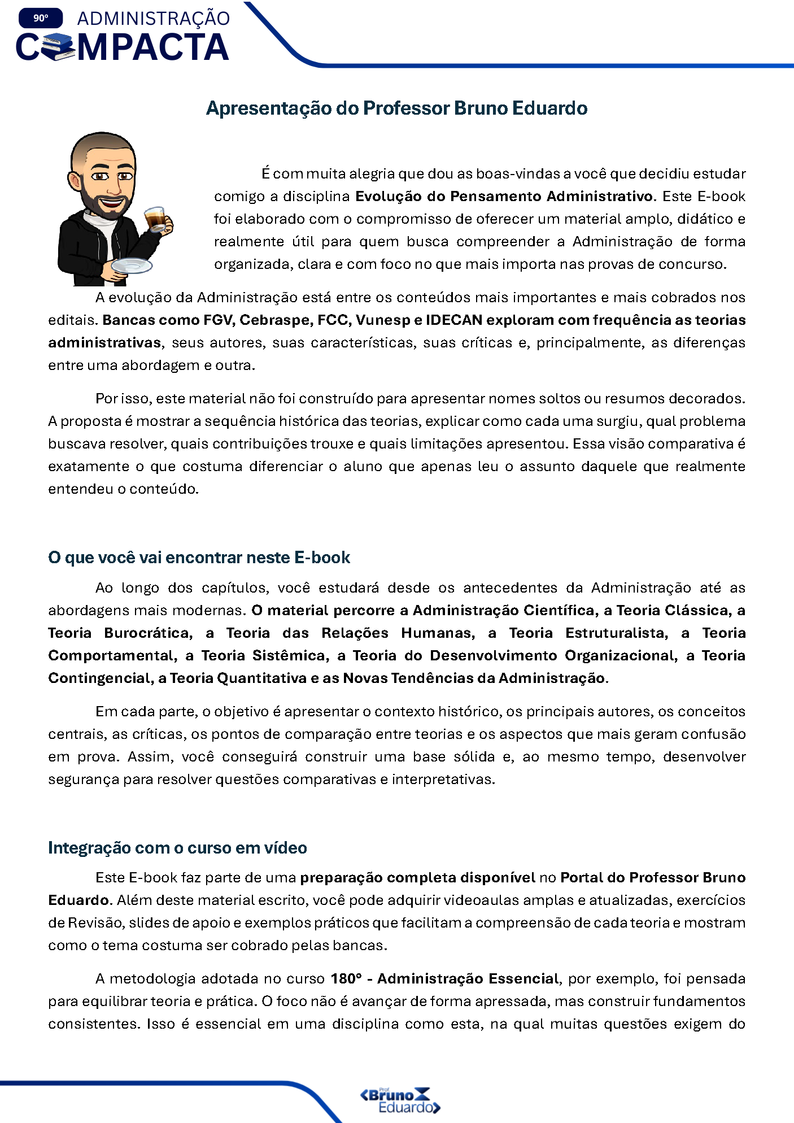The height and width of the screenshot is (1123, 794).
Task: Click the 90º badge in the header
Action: [x=41, y=18]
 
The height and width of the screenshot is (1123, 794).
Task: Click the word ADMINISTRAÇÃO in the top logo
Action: [x=154, y=18]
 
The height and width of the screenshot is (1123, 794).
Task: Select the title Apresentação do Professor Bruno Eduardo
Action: [x=396, y=108]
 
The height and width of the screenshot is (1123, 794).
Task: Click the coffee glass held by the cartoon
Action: [x=155, y=219]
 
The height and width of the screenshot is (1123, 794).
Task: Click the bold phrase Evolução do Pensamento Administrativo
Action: [x=504, y=196]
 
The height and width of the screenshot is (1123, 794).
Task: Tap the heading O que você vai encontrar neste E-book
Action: [x=199, y=558]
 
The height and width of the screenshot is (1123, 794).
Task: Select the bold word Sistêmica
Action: [x=290, y=655]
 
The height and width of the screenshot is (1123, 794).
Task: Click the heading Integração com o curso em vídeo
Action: [x=177, y=848]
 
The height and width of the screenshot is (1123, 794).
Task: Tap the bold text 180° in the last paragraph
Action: [x=346, y=978]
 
